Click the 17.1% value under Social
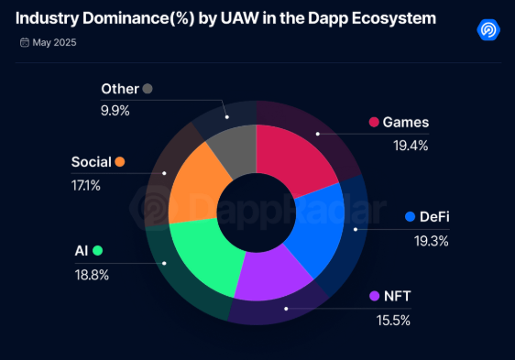tap(86, 185)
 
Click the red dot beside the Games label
tap(374, 122)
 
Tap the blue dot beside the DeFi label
tap(411, 217)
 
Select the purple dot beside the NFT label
tap(374, 296)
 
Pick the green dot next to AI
tap(97, 250)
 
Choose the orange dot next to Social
tap(119, 162)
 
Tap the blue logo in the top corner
tap(488, 28)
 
